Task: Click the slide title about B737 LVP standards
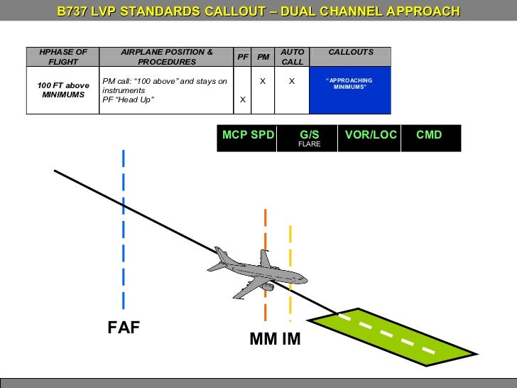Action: pos(258,12)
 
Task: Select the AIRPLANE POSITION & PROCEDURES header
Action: pos(167,57)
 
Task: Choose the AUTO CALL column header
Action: pos(292,57)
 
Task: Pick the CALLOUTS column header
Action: pos(350,53)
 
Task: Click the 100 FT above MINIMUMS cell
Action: pos(63,90)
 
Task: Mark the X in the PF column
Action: pos(243,99)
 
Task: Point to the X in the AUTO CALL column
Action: pos(292,82)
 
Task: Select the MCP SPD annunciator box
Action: pos(248,135)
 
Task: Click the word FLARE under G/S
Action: pos(310,144)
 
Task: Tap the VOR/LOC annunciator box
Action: pos(370,135)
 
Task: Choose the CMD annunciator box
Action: pos(429,135)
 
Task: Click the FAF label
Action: pos(124,328)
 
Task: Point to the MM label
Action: pos(263,340)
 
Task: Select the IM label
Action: pos(291,340)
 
